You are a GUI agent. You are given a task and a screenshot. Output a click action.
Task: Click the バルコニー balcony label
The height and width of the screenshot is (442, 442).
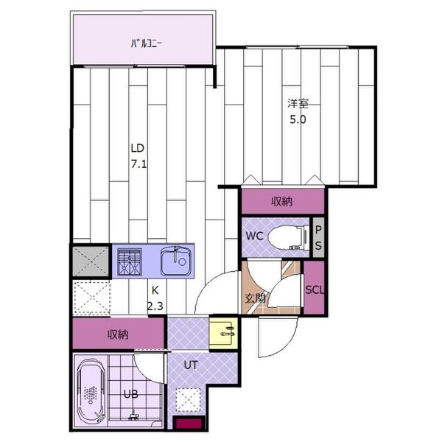point(147,43)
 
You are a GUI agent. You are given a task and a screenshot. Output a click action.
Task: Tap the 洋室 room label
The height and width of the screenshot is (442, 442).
point(298,103)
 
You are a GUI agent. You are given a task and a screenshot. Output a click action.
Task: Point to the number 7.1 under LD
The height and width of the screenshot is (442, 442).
point(138,164)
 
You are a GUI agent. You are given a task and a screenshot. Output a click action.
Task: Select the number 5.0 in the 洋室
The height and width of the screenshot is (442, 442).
point(298,120)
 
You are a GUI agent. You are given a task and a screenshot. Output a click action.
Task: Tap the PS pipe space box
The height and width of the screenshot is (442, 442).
point(318,238)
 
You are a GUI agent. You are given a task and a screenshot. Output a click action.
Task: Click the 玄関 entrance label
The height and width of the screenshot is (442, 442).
point(255,298)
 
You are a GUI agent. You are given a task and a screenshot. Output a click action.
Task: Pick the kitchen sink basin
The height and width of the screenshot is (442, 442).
point(175,262)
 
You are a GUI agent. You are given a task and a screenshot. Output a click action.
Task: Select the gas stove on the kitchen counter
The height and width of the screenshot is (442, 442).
point(130,262)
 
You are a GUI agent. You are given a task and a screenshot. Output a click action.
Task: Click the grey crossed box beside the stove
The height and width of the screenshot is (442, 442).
point(91,262)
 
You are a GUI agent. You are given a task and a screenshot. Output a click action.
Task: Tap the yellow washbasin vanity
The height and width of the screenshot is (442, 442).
point(223,333)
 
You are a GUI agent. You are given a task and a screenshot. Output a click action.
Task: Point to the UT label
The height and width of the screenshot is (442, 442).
point(191,365)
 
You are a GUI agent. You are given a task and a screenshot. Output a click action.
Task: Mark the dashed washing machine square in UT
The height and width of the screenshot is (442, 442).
point(189,400)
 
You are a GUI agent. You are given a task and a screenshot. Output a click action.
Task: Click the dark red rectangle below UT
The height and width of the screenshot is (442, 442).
point(189,424)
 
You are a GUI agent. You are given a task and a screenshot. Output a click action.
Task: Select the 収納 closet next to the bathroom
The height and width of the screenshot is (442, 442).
point(119,333)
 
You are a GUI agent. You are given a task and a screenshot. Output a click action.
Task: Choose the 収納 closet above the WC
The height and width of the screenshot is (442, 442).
point(283,201)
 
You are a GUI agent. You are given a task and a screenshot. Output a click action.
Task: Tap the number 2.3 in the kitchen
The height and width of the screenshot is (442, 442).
point(155,306)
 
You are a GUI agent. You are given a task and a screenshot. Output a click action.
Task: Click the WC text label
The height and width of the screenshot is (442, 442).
point(255,236)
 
